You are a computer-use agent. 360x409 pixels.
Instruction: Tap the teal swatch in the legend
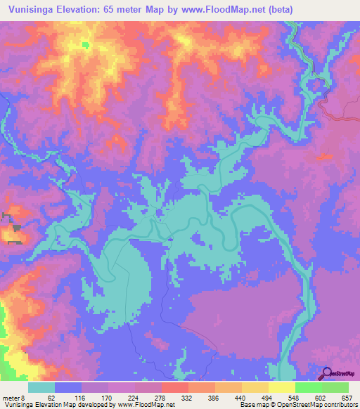(x=41, y=388)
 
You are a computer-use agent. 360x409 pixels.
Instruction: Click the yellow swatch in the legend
(x=281, y=388)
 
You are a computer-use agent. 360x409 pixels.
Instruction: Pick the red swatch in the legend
(x=174, y=388)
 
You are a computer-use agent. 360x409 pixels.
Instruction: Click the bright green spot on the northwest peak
(x=86, y=45)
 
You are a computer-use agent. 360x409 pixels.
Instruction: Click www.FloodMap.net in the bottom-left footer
(x=146, y=404)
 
